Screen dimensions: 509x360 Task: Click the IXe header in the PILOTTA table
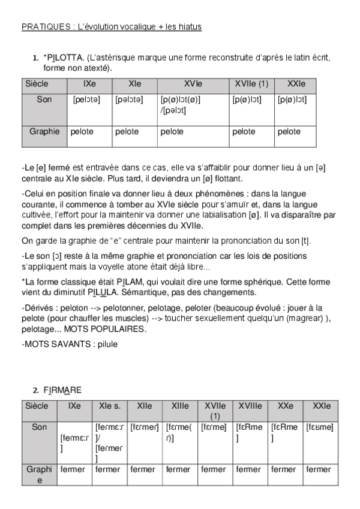click(x=90, y=84)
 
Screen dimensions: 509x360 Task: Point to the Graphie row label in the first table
click(x=44, y=131)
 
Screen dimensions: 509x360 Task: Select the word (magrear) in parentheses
click(x=298, y=319)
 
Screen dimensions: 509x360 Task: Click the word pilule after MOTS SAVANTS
click(x=106, y=345)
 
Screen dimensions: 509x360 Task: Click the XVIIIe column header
click(x=250, y=406)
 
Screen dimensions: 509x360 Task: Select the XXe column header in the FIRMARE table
click(x=286, y=406)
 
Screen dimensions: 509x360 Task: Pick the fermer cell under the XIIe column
click(x=143, y=469)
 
